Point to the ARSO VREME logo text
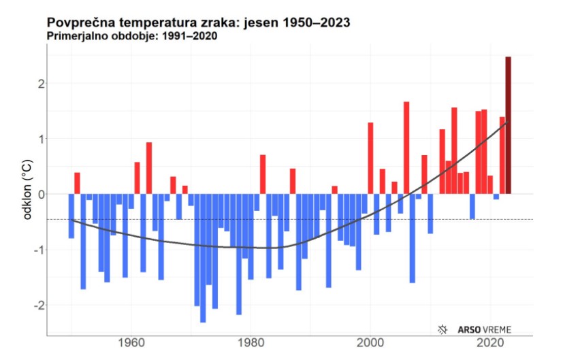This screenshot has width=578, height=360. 486,329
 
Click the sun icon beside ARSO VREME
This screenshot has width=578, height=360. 443,329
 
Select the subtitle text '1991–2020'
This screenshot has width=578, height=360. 191,36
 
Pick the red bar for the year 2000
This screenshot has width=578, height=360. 370,158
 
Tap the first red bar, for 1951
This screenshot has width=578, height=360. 77,183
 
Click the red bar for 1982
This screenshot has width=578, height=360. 263,174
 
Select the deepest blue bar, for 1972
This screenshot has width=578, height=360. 203,258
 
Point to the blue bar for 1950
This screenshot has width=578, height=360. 71,216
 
